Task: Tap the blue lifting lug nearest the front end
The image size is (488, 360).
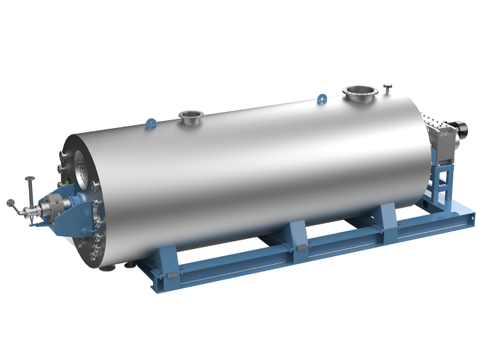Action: (150, 123)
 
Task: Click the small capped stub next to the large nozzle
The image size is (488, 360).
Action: (388, 88)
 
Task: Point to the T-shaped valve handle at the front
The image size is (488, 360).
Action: (30, 183)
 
